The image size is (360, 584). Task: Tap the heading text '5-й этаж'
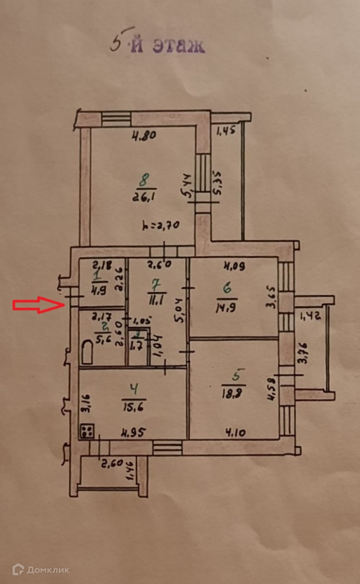click(x=157, y=45)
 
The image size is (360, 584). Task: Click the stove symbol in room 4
click(x=87, y=432)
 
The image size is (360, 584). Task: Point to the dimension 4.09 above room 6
click(x=234, y=266)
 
